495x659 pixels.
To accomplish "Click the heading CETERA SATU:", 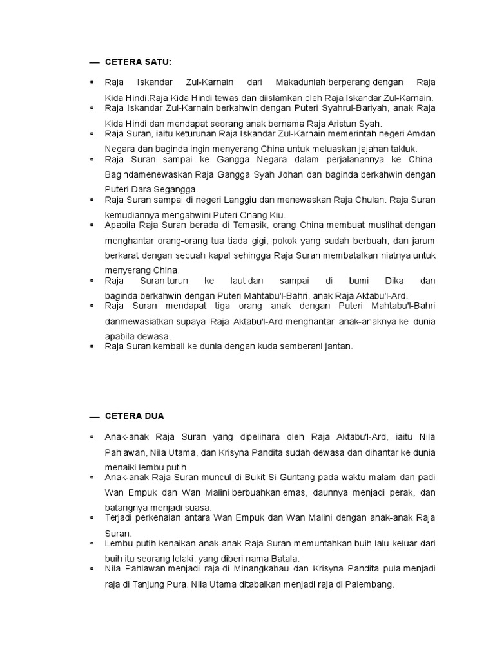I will coord(138,62).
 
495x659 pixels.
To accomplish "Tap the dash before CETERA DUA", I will coord(94,417).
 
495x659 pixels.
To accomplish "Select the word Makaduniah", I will coord(300,82).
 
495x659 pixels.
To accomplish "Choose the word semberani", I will coord(294,346).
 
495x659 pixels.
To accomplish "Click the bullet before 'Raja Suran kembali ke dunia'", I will coord(92,346).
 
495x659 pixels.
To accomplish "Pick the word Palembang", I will coord(370,584).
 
